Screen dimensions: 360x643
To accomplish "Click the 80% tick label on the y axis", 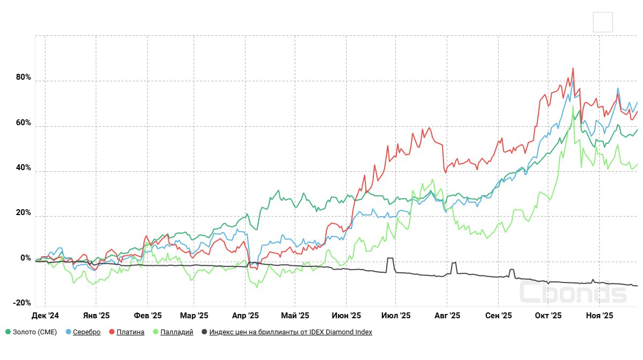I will [x=24, y=78].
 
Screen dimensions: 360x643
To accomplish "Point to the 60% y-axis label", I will [x=24, y=123].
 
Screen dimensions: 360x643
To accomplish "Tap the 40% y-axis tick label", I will [x=24, y=168].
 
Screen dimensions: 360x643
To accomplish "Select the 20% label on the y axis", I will [x=24, y=213].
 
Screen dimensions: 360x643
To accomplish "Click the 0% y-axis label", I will [x=26, y=258].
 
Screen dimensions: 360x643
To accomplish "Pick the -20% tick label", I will [x=22, y=303].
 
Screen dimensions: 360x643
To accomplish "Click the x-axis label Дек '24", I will [x=45, y=316].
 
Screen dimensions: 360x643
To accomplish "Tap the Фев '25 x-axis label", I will [x=148, y=316].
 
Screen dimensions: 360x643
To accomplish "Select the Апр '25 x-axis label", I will [x=245, y=316].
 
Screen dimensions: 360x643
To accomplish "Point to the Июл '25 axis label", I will [x=396, y=316].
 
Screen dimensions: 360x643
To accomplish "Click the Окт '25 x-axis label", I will [x=548, y=316].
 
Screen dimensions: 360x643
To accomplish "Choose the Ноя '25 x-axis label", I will [x=599, y=316].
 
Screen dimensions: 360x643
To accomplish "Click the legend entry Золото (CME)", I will [x=34, y=332].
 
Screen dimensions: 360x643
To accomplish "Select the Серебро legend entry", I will [x=87, y=332].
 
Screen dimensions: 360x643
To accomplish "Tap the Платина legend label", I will [x=130, y=332].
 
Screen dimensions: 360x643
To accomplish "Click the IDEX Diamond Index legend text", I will [x=290, y=332].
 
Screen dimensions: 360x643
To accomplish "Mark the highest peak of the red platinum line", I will [x=573, y=68].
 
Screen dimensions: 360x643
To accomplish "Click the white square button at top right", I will [x=603, y=22].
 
